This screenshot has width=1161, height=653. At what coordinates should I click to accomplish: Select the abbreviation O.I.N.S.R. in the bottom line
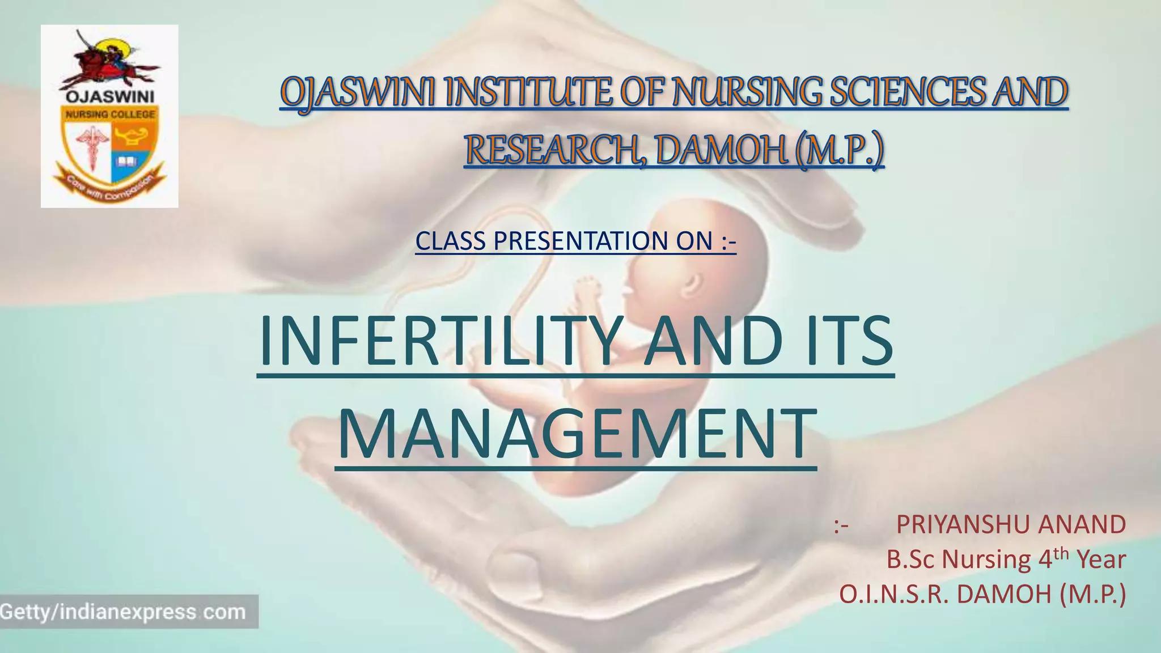[x=893, y=595]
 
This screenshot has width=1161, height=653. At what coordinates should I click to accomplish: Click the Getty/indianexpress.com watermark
[x=124, y=612]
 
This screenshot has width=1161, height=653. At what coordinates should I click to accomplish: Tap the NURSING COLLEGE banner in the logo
[x=110, y=115]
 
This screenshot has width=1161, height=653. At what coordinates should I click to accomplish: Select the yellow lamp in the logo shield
[x=130, y=136]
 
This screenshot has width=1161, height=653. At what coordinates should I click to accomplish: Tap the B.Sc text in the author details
[x=912, y=560]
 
